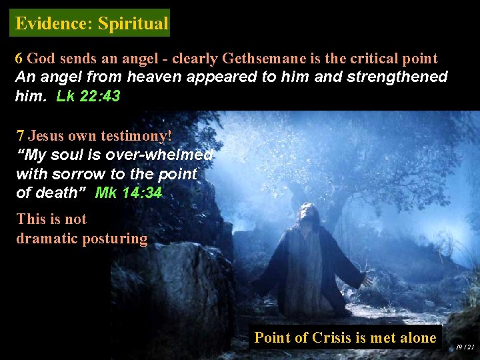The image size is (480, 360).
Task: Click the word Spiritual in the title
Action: click(133, 23)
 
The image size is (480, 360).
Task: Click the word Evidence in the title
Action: click(52, 23)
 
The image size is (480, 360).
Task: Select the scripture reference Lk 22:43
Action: click(88, 96)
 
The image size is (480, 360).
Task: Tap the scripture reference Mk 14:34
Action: click(129, 193)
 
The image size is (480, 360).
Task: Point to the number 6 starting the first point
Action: click(19, 59)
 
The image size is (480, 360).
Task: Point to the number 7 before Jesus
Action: click(20, 136)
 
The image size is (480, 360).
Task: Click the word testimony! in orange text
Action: click(136, 136)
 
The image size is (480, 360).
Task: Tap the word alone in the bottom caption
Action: click(417, 338)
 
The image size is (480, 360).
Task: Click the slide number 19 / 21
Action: click(465, 347)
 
